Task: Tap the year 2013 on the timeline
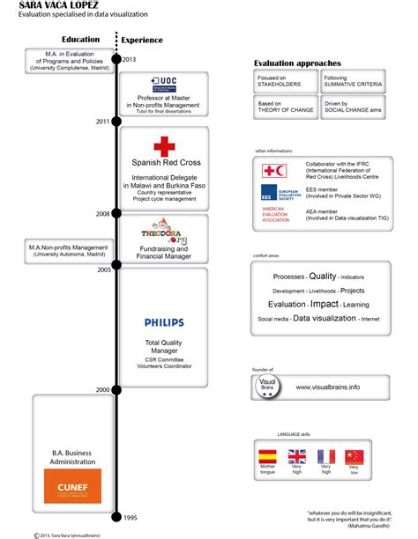click(129, 59)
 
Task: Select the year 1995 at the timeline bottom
click(129, 517)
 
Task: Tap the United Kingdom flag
click(297, 456)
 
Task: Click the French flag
click(326, 456)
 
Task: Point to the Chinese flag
click(355, 456)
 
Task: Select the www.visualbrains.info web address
click(327, 387)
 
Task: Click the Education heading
click(80, 40)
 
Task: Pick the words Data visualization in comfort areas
click(325, 318)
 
